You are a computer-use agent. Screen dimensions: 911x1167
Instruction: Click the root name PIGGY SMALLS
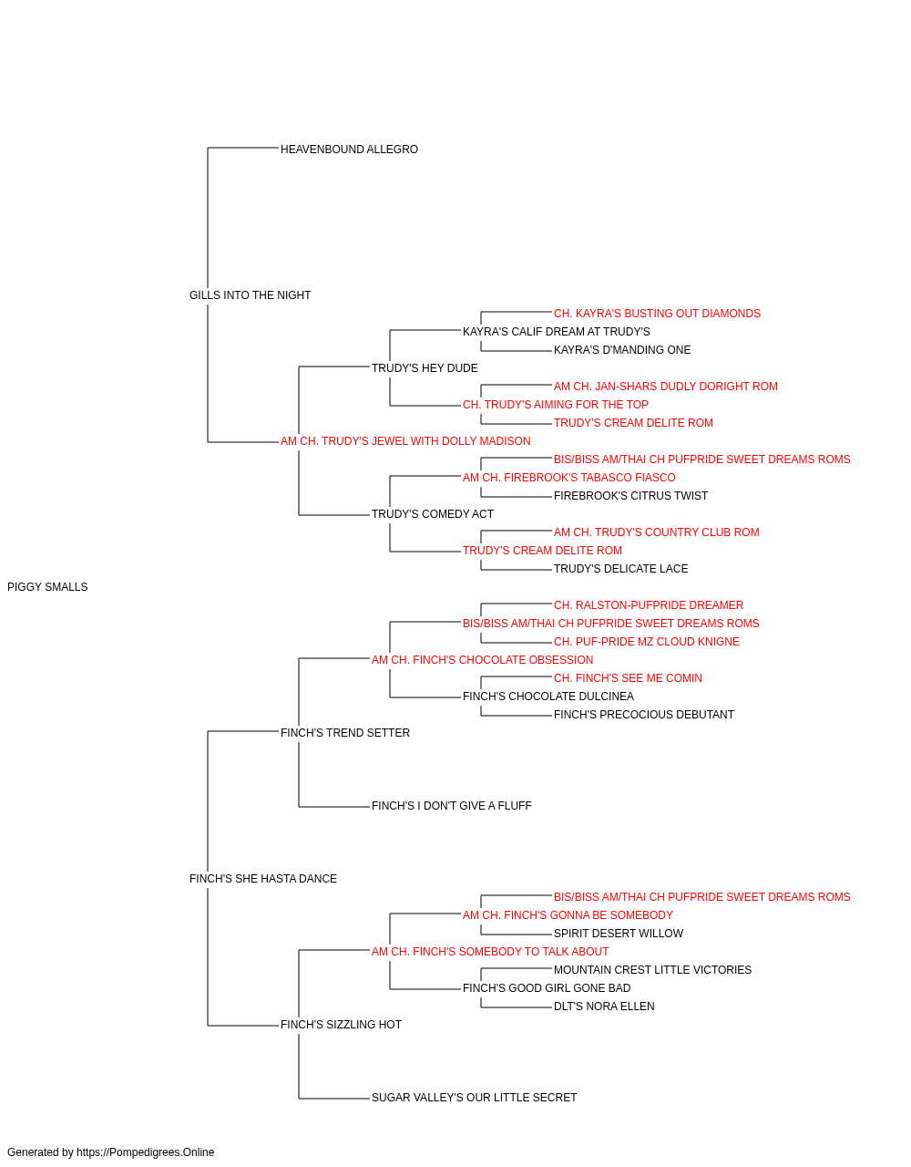point(47,587)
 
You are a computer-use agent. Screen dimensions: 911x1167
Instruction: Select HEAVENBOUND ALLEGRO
point(349,150)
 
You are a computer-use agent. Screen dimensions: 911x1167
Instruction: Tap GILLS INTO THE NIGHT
point(250,295)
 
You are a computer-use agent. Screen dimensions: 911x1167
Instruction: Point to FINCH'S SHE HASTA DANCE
point(263,879)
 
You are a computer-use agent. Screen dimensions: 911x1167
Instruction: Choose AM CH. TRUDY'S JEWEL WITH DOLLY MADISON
point(405,441)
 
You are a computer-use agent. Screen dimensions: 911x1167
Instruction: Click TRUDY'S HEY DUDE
point(425,367)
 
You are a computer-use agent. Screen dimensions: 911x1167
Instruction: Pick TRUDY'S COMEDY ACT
point(433,514)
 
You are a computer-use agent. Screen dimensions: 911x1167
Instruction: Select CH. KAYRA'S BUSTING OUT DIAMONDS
point(657,313)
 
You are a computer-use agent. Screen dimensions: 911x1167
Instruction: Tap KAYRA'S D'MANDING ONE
point(622,349)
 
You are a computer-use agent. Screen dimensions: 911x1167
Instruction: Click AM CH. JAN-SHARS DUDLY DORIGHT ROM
point(665,387)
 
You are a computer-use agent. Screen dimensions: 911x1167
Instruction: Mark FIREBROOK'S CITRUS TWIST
point(630,496)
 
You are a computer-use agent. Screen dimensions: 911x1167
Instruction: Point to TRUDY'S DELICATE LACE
point(620,569)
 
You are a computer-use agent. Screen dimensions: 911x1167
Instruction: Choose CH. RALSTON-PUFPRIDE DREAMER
point(648,605)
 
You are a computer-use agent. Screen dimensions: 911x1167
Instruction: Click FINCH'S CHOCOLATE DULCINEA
point(548,697)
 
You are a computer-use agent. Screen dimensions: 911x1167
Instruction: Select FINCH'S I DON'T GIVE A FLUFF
point(451,806)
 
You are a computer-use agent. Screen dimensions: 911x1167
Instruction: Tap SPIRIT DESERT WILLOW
point(618,934)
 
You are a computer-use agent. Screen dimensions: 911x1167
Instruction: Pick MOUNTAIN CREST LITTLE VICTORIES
point(652,970)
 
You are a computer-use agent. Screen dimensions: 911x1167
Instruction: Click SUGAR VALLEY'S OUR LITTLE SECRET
point(474,1098)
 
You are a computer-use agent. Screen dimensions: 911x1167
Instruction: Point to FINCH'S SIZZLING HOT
point(341,1025)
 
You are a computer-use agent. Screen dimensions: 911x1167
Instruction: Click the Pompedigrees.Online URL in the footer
point(145,1152)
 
